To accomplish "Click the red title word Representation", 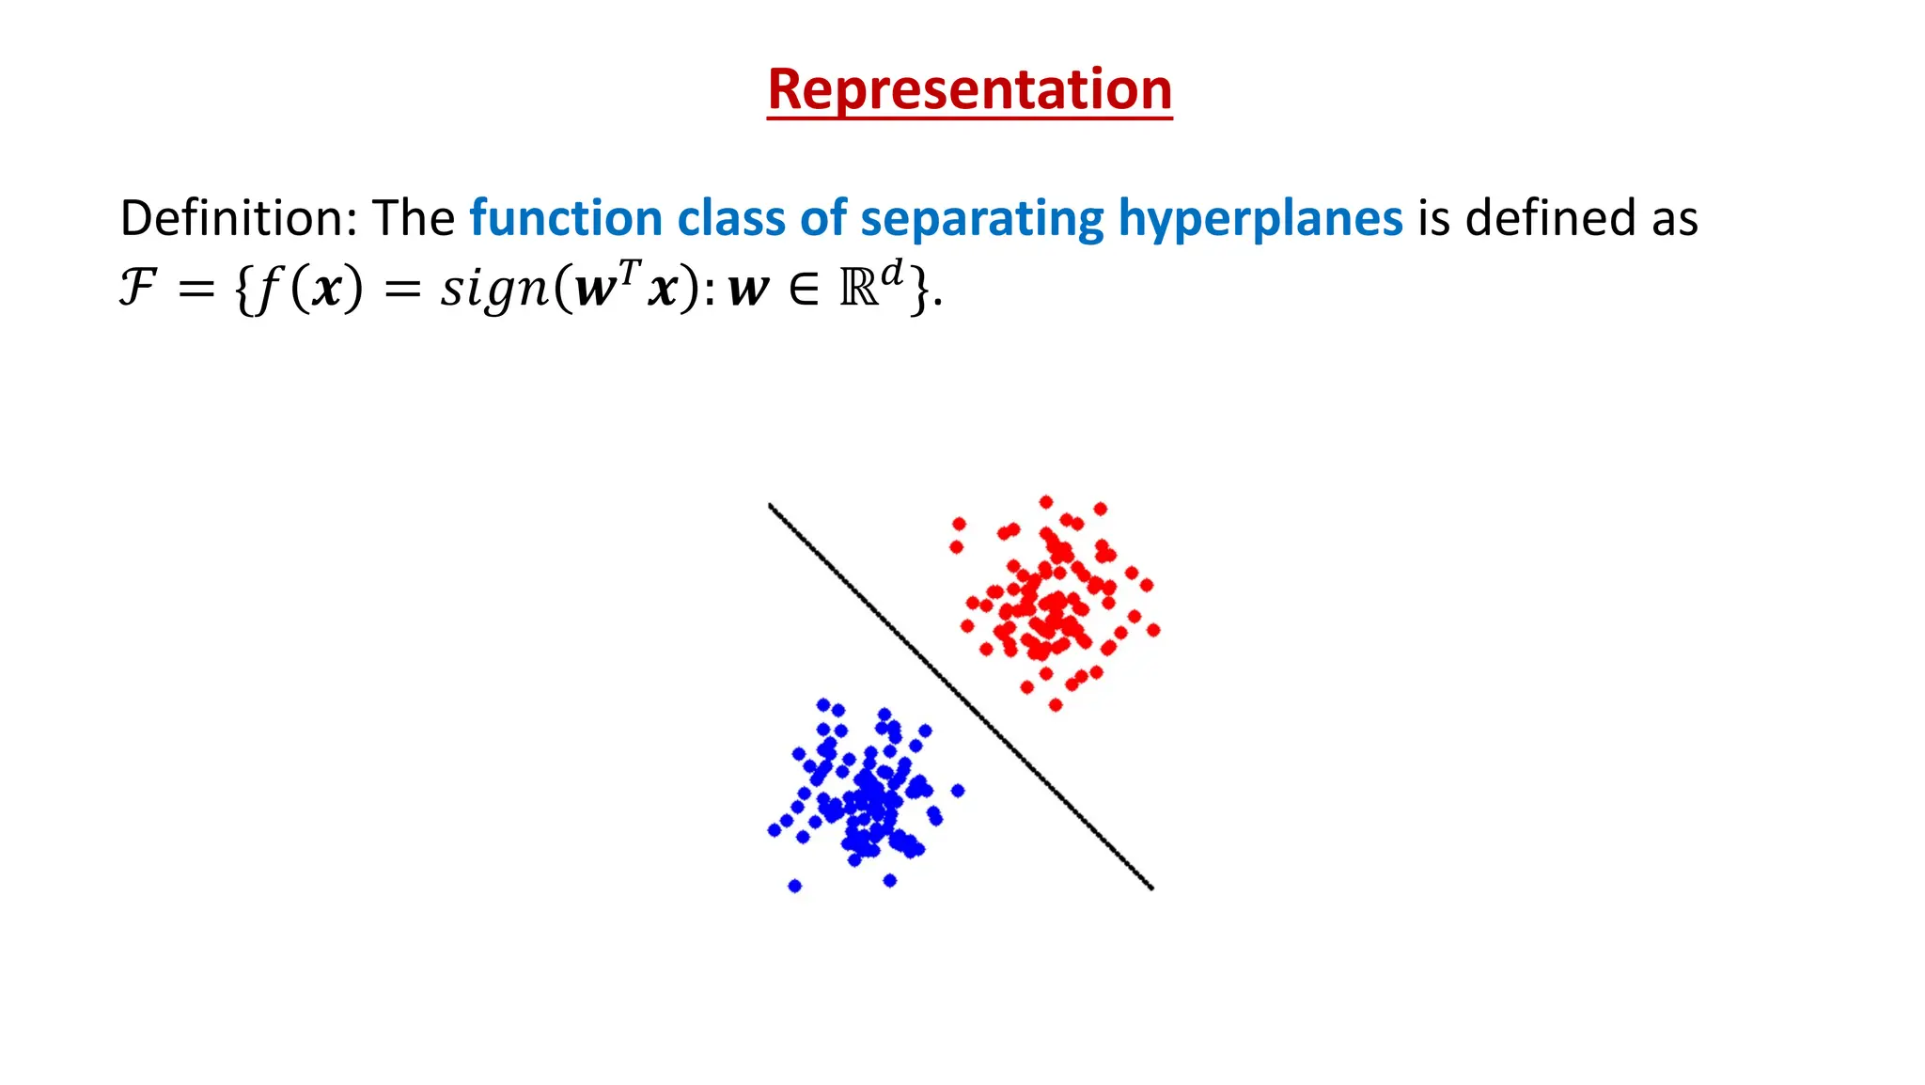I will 969,89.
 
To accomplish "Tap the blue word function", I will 566,218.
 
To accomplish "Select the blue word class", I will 730,218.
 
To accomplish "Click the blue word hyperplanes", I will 1260,218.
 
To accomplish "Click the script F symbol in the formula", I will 137,287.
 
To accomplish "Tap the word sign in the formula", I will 495,289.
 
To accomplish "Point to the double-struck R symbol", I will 858,289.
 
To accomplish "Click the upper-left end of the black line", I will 771,506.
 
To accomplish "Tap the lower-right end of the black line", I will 1151,887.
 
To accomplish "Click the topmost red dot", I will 1046,502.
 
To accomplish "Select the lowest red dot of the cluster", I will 1055,704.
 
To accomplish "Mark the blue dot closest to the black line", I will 958,791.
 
